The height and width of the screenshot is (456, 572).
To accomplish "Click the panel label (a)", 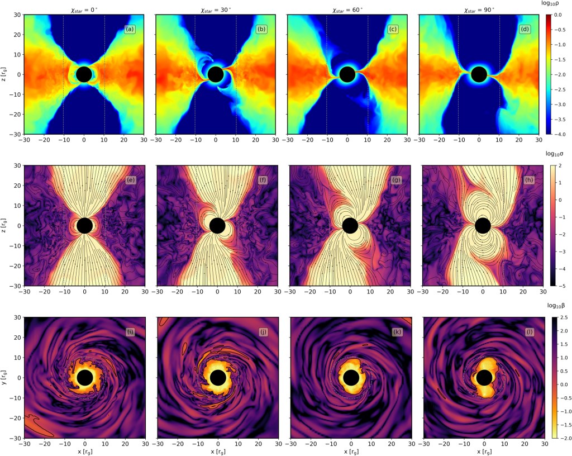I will click(129, 29).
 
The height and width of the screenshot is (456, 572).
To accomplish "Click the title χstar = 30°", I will click(215, 9).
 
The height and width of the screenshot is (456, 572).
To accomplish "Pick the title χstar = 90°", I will click(479, 9).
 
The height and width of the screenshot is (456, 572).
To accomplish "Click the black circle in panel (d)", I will click(479, 74).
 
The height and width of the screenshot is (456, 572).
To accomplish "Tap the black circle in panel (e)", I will click(84, 225).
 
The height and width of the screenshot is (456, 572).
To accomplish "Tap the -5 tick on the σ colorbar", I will click(561, 286).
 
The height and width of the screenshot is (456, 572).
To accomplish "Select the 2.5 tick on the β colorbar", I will click(563, 317).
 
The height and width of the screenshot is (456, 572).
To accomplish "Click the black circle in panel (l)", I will click(484, 378).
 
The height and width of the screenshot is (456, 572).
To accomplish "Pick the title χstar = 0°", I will click(84, 9).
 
